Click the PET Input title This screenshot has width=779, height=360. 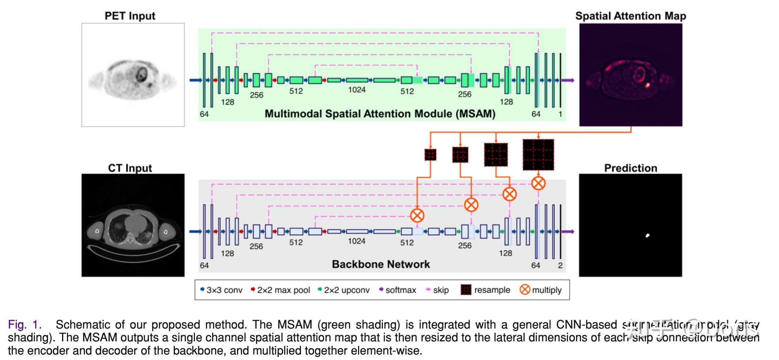click(x=130, y=16)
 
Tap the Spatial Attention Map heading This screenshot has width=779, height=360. click(x=631, y=16)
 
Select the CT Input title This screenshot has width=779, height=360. click(x=130, y=168)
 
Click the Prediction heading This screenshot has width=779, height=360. click(x=631, y=168)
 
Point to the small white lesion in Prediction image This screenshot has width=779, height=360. click(x=647, y=235)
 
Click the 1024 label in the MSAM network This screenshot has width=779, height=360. click(x=357, y=90)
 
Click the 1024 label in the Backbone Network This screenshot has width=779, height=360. click(x=357, y=241)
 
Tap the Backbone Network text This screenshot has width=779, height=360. click(x=381, y=264)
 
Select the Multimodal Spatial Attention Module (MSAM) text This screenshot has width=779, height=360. click(x=380, y=114)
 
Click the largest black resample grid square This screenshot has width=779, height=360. click(x=538, y=155)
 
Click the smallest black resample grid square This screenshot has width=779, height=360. click(x=430, y=155)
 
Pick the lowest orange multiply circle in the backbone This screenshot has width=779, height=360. click(x=417, y=215)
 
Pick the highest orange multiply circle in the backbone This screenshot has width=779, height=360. click(x=538, y=183)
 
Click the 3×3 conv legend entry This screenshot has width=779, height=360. click(x=221, y=290)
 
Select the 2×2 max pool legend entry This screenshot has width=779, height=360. click(x=281, y=290)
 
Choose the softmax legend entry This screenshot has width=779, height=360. click(x=398, y=290)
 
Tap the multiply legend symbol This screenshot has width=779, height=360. click(x=525, y=290)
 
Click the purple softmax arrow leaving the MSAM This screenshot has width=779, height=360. click(x=568, y=80)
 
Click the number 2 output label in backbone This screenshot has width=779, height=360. click(x=560, y=266)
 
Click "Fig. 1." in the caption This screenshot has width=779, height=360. click(x=25, y=325)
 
